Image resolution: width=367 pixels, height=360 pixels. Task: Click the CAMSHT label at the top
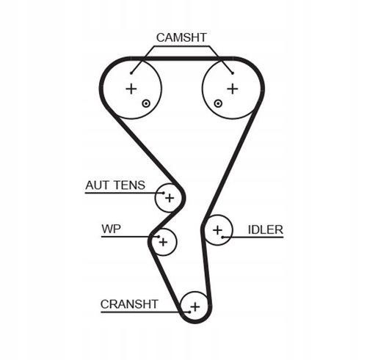point(181,37)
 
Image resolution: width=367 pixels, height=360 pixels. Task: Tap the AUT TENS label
point(115,185)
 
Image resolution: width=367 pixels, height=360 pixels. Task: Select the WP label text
point(111,229)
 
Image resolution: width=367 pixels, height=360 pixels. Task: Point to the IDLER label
point(266,229)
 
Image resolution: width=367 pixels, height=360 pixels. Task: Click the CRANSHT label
point(129,304)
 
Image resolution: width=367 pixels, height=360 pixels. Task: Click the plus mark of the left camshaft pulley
point(131,89)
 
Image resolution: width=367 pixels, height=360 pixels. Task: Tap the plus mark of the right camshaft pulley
point(233,89)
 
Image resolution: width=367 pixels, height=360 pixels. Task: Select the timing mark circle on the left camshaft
point(146,103)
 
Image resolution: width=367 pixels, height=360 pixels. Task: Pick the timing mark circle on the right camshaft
point(218,103)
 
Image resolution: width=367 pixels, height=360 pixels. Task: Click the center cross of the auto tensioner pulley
point(170,198)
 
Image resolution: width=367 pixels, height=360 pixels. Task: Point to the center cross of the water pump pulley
point(163,242)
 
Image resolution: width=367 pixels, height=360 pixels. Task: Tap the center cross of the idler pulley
point(217,230)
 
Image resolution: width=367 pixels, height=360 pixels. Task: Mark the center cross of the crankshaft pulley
point(195,306)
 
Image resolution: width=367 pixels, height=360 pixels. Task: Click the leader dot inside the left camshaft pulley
point(131,73)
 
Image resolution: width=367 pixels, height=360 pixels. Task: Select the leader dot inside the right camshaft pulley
point(233,73)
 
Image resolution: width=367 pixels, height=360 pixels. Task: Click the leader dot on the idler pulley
point(222,237)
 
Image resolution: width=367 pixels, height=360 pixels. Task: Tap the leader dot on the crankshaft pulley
point(189,312)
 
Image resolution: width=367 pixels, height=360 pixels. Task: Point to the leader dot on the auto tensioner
point(164,193)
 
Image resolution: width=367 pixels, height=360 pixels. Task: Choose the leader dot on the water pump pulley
point(159,237)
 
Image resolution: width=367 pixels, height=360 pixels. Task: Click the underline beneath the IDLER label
point(253,237)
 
